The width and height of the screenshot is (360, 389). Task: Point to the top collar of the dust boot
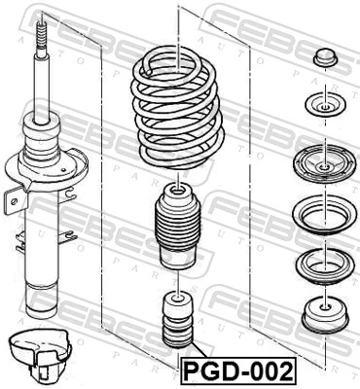(177, 191)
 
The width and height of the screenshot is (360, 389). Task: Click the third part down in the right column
(323, 161)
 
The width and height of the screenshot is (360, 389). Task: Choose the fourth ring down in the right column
(323, 211)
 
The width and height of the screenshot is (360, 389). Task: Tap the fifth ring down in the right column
(323, 261)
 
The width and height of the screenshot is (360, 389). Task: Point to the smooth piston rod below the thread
(42, 88)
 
